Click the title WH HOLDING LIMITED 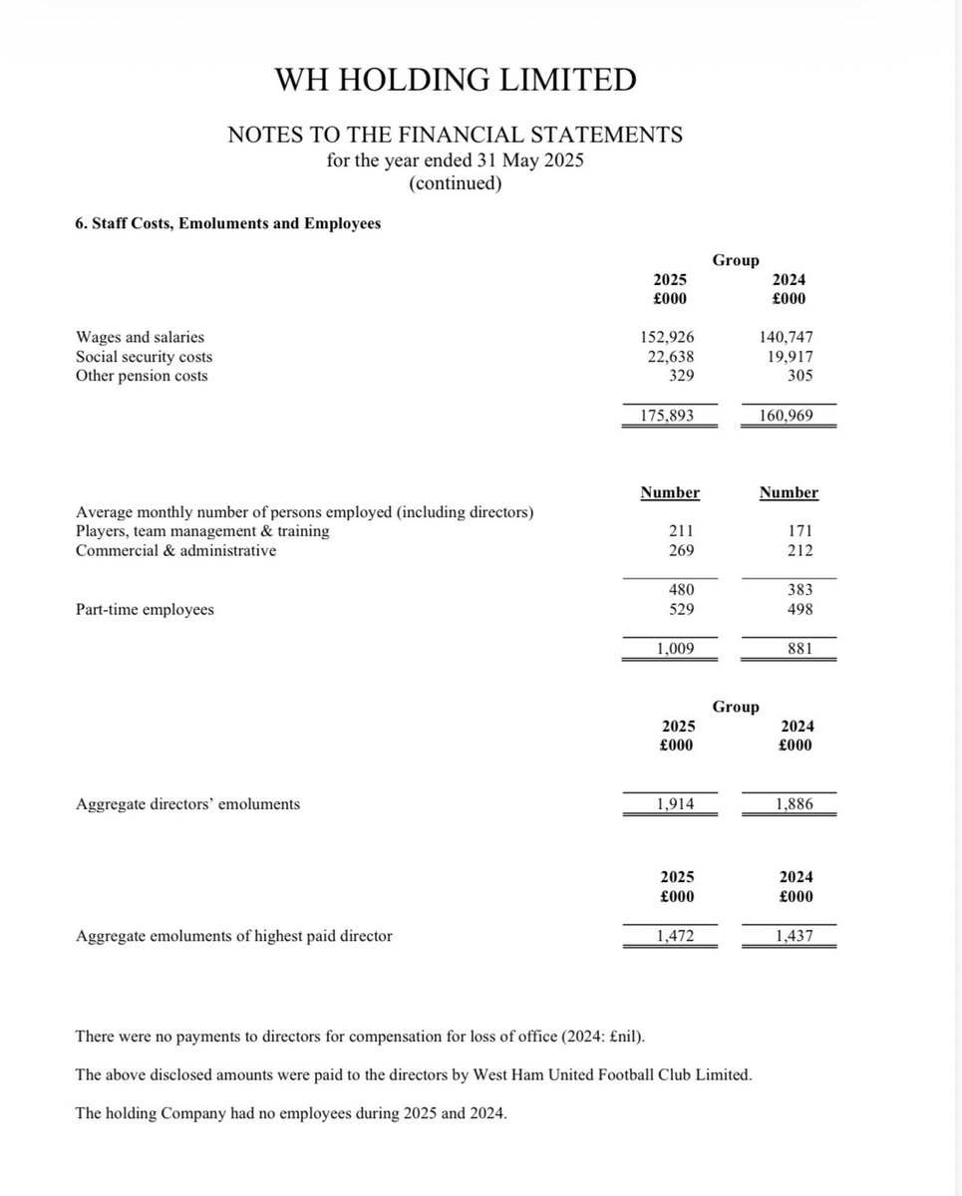point(455,80)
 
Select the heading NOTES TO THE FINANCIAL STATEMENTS point(455,135)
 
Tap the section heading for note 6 point(228,223)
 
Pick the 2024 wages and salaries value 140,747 point(787,338)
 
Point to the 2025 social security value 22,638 point(669,357)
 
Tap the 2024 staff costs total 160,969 point(787,415)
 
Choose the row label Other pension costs point(142,376)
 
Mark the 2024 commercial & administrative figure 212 point(799,550)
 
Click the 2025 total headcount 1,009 point(674,649)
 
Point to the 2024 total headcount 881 point(799,649)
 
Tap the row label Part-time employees point(145,609)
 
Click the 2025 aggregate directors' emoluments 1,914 point(674,803)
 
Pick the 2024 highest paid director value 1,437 point(794,936)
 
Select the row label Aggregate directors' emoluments point(187,803)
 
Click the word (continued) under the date point(455,183)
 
